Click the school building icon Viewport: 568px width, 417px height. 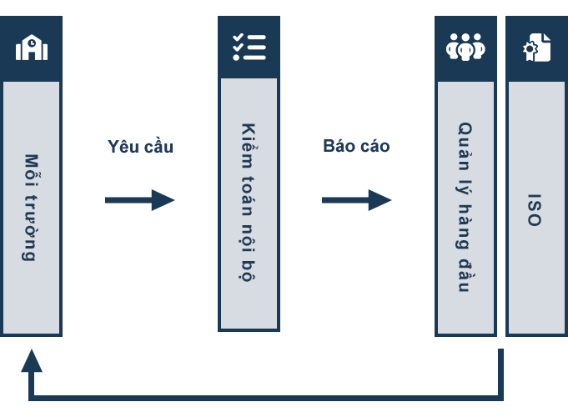point(32,48)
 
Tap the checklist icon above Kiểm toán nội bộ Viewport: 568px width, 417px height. point(249,47)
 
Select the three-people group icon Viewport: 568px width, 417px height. point(465,47)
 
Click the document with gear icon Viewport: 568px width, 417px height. point(536,47)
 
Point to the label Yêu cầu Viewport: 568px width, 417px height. point(141,146)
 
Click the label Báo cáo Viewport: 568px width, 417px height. point(356,146)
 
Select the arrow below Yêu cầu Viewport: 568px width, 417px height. point(140,200)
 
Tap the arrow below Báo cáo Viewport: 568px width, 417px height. point(357,200)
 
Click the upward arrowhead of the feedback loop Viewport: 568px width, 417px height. point(32,360)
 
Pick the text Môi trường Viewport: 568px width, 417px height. point(31,208)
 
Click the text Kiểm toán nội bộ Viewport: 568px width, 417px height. point(249,202)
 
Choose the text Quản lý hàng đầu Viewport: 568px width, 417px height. point(465,207)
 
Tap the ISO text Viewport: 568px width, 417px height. point(535,210)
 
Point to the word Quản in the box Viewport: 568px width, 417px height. point(465,146)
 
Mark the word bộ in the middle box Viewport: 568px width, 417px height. point(248,271)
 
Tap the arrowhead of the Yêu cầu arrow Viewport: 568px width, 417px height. point(163,200)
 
